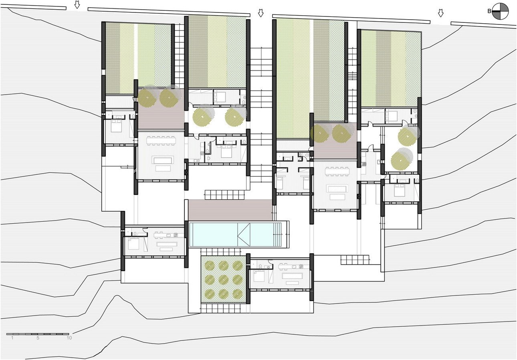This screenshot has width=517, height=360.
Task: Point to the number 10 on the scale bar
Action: [x=69, y=338]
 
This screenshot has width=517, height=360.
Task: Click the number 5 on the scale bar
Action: [x=38, y=338]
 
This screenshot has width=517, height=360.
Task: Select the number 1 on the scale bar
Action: [x=12, y=338]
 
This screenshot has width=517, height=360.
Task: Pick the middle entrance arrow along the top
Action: [x=261, y=13]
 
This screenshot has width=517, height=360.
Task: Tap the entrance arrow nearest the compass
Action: [x=440, y=13]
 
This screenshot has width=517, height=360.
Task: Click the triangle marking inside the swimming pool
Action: [x=244, y=235]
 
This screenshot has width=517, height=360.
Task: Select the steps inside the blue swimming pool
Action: [x=277, y=235]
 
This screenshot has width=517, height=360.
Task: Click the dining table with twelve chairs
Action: [x=161, y=140]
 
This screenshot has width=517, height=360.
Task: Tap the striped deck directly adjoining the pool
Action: [x=230, y=210]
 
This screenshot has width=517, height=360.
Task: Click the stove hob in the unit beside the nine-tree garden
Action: [x=301, y=267]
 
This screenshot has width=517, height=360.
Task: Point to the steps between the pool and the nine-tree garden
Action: [x=221, y=252]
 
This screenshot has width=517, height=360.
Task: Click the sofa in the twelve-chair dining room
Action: [x=162, y=160]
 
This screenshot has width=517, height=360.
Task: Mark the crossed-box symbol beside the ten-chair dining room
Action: [x=359, y=196]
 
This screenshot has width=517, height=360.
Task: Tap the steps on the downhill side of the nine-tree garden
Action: [x=221, y=308]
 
